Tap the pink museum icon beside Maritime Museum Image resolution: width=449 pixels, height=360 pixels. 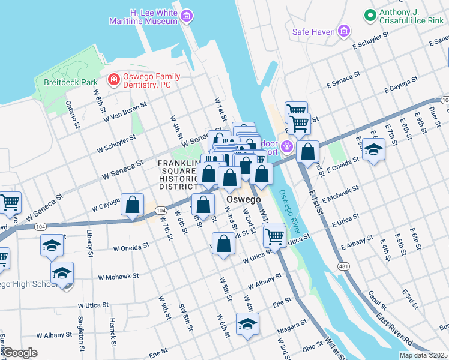(187, 16)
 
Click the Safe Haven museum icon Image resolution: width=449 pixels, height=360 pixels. (344, 31)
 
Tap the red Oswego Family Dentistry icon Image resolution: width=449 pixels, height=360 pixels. (113, 79)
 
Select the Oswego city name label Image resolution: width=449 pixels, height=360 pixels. (243, 199)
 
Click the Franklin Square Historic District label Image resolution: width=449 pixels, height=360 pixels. (178, 175)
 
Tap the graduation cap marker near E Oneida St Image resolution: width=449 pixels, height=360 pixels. (373, 149)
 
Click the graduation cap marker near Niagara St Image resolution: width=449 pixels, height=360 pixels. (247, 325)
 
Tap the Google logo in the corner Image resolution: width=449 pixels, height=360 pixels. (19, 353)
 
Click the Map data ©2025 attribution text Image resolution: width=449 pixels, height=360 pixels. (423, 355)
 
